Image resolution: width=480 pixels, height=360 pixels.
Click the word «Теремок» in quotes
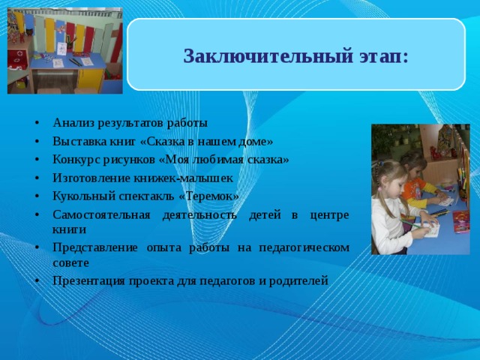[x=210, y=196]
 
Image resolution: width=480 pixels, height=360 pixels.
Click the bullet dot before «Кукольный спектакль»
[x=37, y=197]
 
